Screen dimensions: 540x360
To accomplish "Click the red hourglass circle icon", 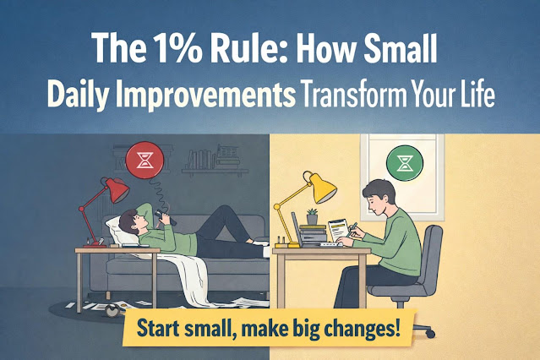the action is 145,161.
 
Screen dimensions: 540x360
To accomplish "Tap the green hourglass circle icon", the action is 405,163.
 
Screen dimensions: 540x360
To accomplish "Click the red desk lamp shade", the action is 116,190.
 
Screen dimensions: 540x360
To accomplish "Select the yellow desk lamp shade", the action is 321,188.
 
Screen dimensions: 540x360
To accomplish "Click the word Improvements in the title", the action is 205,95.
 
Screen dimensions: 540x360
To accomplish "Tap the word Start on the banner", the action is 157,328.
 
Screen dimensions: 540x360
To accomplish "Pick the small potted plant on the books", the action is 312,216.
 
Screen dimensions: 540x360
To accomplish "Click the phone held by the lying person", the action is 165,217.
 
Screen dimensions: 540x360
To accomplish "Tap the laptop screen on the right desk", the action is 296,229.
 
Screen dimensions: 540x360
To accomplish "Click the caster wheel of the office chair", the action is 430,333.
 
